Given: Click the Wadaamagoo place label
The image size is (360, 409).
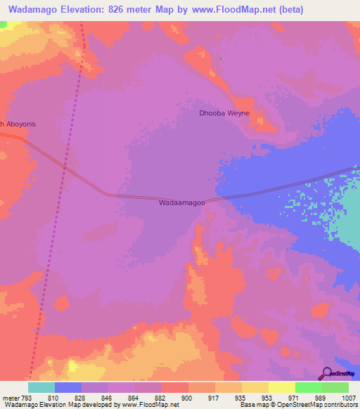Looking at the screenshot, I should pyautogui.click(x=182, y=203).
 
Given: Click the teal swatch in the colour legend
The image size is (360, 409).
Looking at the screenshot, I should pyautogui.click(x=41, y=387).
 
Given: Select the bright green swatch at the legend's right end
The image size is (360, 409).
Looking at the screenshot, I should pyautogui.click(x=335, y=387).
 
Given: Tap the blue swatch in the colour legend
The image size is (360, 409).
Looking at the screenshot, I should pyautogui.click(x=68, y=387).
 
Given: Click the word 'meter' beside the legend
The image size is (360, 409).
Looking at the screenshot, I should pyautogui.click(x=11, y=398).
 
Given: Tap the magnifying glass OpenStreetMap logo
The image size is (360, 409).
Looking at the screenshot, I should pyautogui.click(x=326, y=373).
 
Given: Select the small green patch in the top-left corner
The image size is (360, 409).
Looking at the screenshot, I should pyautogui.click(x=4, y=24).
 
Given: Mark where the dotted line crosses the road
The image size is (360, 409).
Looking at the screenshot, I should pyautogui.click(x=65, y=168).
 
